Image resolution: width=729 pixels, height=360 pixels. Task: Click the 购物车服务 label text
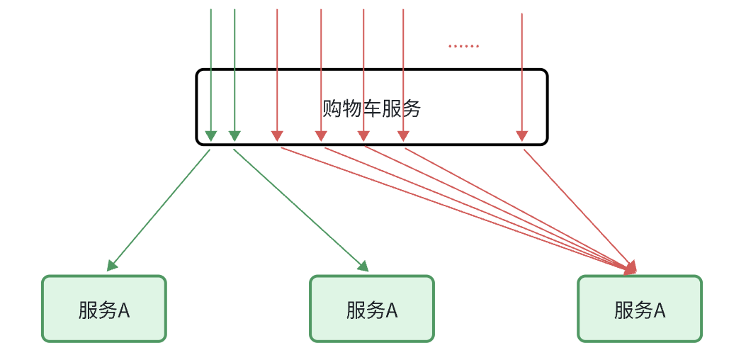(371, 108)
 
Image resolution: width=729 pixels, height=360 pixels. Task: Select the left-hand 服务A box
(103, 309)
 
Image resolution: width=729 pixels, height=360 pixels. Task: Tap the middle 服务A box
(371, 309)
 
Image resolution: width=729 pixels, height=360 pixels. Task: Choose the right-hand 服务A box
(639, 309)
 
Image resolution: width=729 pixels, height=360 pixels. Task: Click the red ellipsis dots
(463, 47)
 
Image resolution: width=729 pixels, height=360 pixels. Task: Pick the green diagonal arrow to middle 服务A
(301, 210)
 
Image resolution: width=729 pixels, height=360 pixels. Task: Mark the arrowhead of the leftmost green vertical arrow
(210, 135)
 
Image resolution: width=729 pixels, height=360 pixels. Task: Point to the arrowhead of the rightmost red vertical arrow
(522, 135)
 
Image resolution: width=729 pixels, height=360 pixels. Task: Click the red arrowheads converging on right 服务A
(631, 267)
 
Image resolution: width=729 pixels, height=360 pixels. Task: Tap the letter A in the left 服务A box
(124, 310)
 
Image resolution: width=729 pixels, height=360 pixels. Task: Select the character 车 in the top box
(371, 108)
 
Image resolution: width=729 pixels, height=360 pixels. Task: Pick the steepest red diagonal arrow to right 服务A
(577, 208)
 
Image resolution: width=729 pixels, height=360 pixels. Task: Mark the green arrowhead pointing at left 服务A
(111, 266)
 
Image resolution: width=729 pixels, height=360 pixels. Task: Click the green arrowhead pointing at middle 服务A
(364, 266)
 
